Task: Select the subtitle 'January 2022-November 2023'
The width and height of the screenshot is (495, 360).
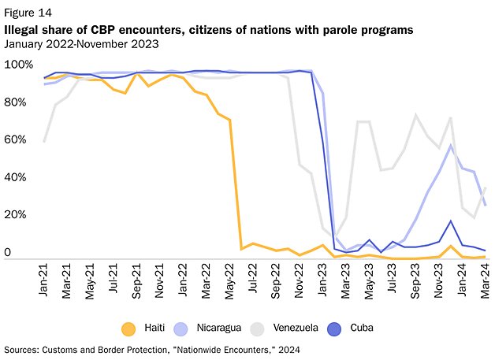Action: point(82,43)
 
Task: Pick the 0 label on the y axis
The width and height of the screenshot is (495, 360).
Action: point(9,253)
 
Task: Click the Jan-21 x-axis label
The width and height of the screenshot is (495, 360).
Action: point(44,280)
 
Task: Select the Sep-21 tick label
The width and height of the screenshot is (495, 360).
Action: point(137,280)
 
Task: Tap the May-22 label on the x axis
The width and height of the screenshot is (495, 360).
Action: point(230,280)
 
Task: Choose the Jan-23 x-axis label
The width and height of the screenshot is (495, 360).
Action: point(322,280)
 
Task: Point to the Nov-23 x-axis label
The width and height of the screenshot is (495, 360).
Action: point(438,280)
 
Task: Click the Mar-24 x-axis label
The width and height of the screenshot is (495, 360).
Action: point(485,280)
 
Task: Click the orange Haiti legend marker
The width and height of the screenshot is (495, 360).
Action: point(128,327)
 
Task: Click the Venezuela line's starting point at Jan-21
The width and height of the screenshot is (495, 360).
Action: point(44,141)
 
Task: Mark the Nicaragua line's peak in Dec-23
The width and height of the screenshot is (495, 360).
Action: point(450,145)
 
